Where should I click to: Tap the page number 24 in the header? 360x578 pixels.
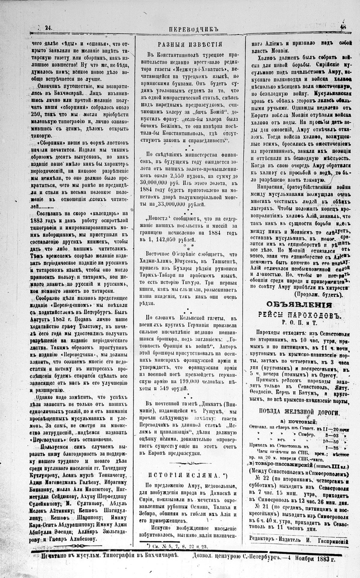tap(48, 28)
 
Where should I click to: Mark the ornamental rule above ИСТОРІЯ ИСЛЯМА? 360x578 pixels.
tap(190, 462)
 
